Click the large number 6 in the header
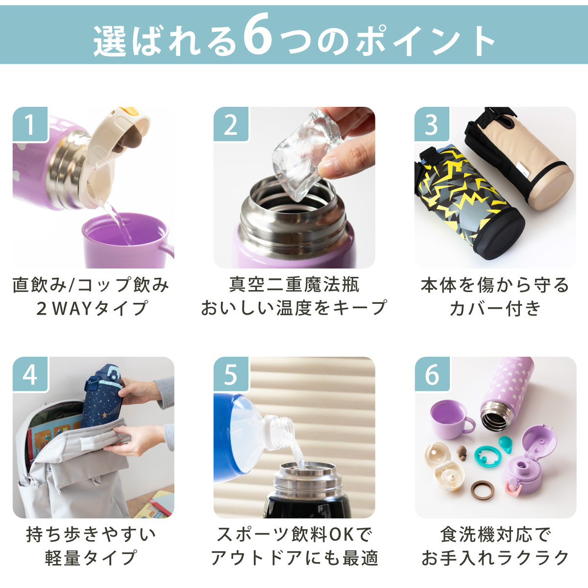click(x=257, y=38)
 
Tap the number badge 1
click(x=30, y=125)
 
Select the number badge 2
click(x=231, y=125)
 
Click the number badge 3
click(x=432, y=125)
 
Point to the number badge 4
click(x=30, y=375)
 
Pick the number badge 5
click(x=231, y=375)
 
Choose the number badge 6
click(x=432, y=375)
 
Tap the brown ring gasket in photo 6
click(x=483, y=490)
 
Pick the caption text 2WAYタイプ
click(x=92, y=308)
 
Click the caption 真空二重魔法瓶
click(x=294, y=284)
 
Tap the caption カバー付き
click(x=495, y=308)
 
